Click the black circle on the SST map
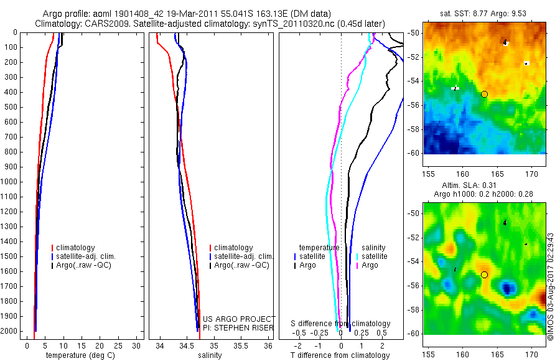pos(484,94)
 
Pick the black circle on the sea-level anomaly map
pos(484,274)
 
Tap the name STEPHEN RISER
pos(238,327)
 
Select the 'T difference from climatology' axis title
pos(340,355)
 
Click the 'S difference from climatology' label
pos(341,324)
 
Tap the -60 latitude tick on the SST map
pos(414,152)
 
